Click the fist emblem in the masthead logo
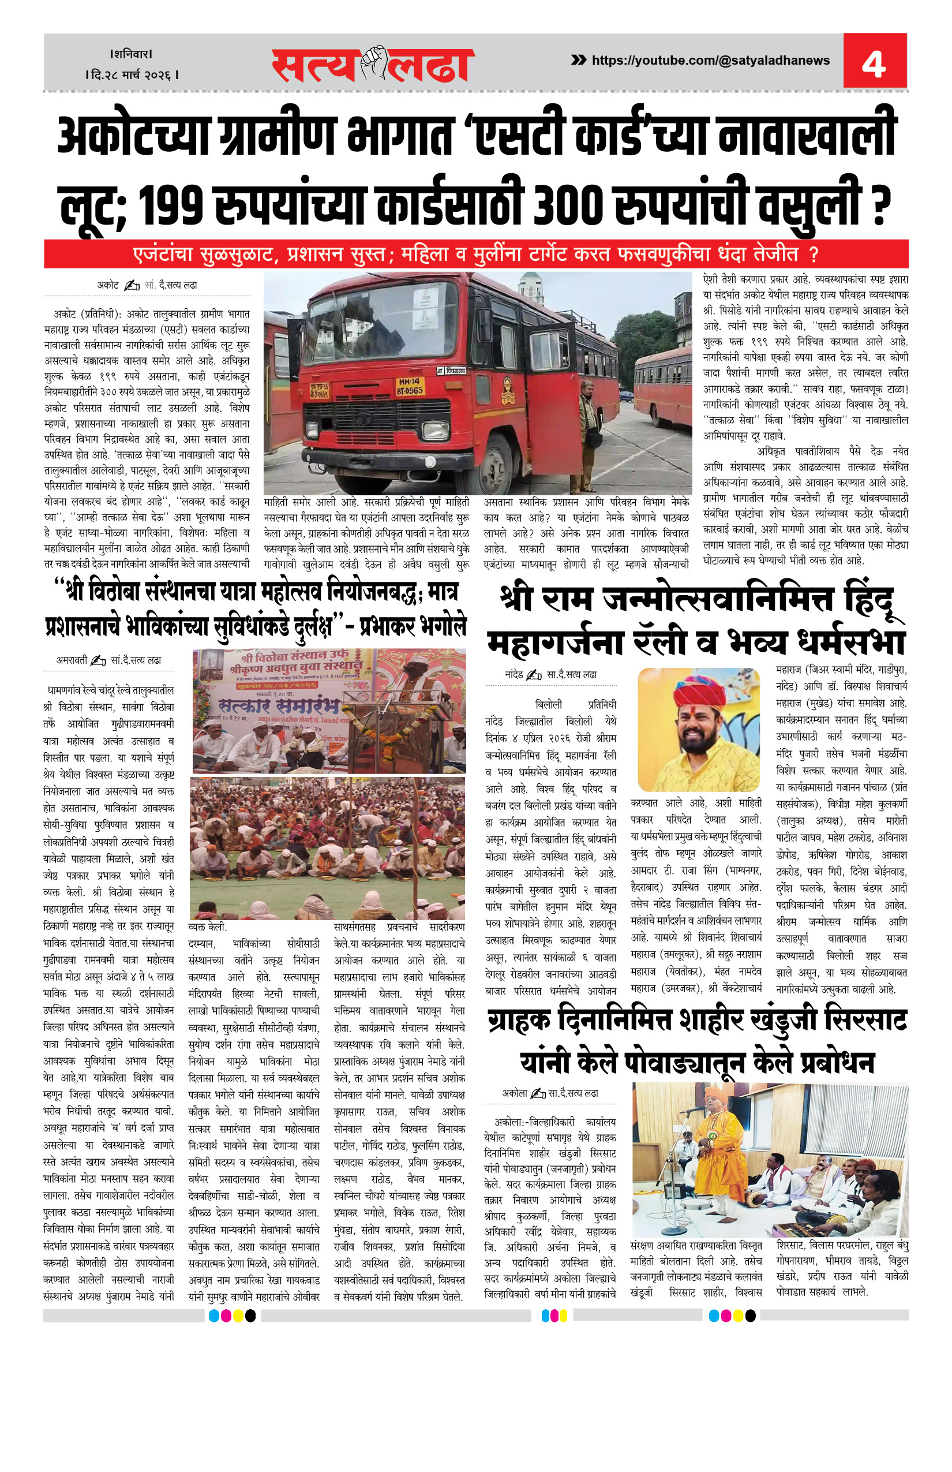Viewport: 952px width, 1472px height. pos(373,62)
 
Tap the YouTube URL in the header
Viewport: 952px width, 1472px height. pos(710,61)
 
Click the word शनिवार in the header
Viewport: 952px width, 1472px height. pos(131,54)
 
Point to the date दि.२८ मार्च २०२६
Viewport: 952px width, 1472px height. pos(132,76)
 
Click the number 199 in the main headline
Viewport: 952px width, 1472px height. pos(170,204)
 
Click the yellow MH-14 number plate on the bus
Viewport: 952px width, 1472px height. pos(409,387)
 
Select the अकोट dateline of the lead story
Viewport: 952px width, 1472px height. pos(107,285)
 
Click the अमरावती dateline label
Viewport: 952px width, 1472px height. pos(72,660)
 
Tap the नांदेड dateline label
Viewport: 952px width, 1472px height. pos(514,674)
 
